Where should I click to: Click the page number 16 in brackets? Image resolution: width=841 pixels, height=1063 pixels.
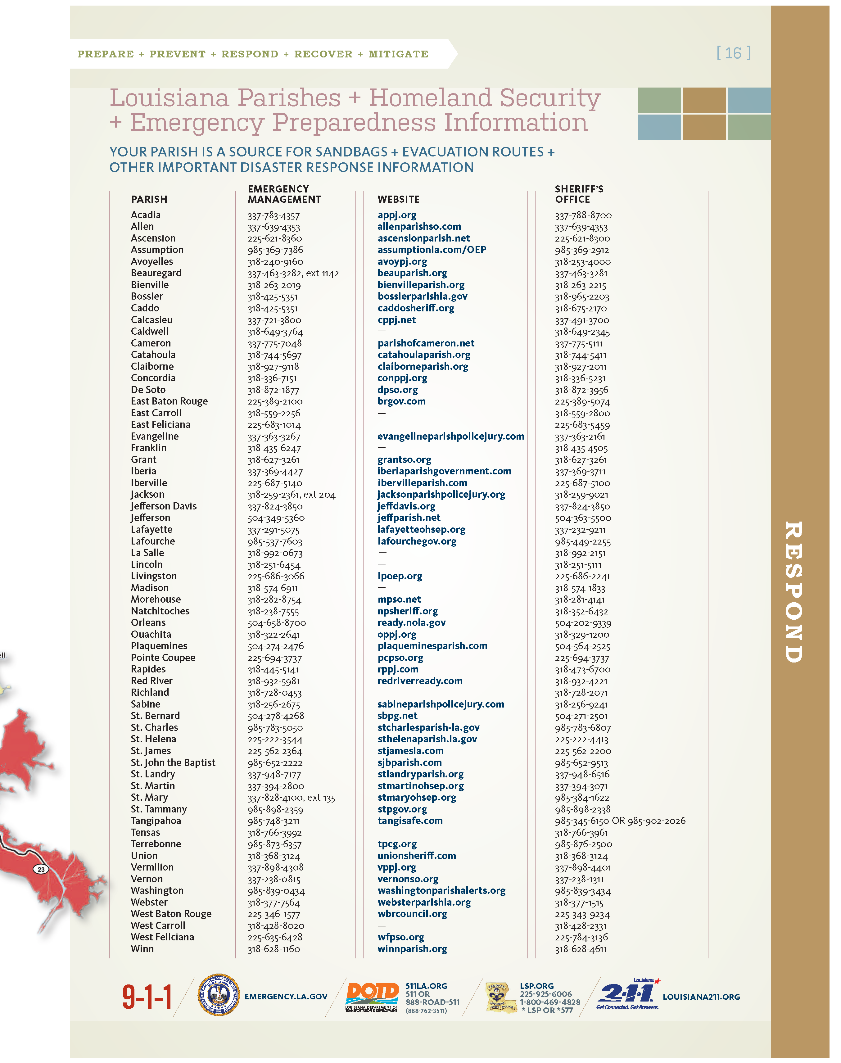(733, 53)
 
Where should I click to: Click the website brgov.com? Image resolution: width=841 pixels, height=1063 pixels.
(401, 401)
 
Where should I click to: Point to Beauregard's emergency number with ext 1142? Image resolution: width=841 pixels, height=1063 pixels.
(293, 273)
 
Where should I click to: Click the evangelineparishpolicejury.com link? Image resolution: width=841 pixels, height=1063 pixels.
(450, 436)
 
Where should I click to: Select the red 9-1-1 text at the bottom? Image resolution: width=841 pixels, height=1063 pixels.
(147, 997)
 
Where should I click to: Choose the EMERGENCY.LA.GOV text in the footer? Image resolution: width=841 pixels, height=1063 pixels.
(286, 997)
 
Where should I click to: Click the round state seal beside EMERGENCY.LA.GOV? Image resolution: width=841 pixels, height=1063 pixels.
(219, 995)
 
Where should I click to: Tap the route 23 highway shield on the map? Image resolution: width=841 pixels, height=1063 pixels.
(41, 869)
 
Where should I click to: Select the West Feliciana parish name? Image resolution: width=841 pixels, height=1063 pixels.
(162, 937)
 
